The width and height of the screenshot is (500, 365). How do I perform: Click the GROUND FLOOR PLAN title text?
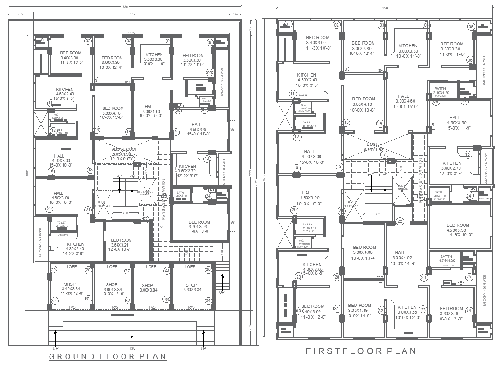point(107,356)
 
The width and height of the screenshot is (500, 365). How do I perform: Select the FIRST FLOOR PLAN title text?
point(361,351)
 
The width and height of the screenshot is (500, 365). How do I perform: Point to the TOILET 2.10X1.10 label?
point(62,224)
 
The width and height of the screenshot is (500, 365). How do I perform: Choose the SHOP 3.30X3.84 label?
point(191,287)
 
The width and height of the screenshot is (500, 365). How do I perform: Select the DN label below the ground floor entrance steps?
point(131,348)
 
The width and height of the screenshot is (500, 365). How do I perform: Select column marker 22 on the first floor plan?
point(400,221)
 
